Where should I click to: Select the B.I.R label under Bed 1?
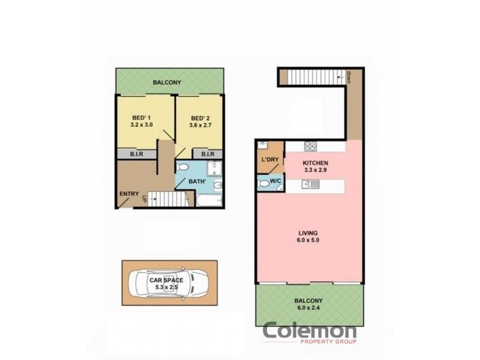pyautogui.click(x=137, y=155)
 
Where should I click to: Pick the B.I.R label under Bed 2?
pyautogui.click(x=208, y=155)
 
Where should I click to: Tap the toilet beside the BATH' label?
pyautogui.click(x=184, y=167)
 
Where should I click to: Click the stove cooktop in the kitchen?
pyautogui.click(x=311, y=146)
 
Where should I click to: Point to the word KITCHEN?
pyautogui.click(x=315, y=163)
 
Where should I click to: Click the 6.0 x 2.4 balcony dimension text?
pyautogui.click(x=308, y=308)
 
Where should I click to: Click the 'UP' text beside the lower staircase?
pyautogui.click(x=145, y=197)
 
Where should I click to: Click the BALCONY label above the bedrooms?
pyautogui.click(x=167, y=83)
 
